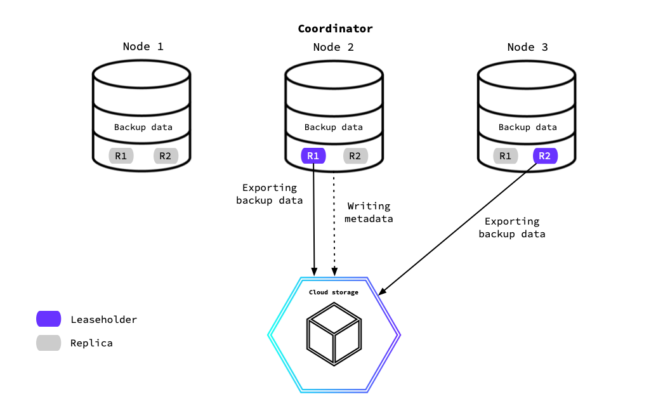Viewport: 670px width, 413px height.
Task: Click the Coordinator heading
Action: tap(335, 29)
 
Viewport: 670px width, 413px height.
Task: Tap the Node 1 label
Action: tap(143, 47)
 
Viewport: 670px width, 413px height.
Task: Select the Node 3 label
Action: tap(527, 47)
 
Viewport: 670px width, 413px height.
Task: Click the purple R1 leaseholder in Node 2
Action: tap(313, 156)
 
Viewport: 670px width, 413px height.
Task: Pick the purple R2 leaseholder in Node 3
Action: tap(545, 156)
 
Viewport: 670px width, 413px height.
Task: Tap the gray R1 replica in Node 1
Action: tap(121, 156)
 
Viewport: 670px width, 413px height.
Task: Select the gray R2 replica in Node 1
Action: tap(166, 156)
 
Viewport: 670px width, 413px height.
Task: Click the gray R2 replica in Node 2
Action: tap(355, 156)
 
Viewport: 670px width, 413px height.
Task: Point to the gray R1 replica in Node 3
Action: tap(505, 156)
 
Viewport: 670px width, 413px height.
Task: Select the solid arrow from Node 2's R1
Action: tap(314, 222)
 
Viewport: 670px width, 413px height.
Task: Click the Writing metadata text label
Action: tap(369, 213)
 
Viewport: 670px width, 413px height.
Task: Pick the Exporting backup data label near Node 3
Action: tap(512, 228)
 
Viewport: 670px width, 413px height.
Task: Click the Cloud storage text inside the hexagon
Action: tap(334, 292)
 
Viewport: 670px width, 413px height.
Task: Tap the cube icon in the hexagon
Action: tap(334, 333)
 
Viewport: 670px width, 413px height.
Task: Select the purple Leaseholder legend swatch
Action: tap(49, 319)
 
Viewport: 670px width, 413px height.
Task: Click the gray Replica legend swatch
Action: tap(49, 343)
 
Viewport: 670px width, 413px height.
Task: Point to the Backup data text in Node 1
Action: tap(143, 128)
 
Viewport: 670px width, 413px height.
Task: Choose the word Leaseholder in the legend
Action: tap(104, 320)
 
